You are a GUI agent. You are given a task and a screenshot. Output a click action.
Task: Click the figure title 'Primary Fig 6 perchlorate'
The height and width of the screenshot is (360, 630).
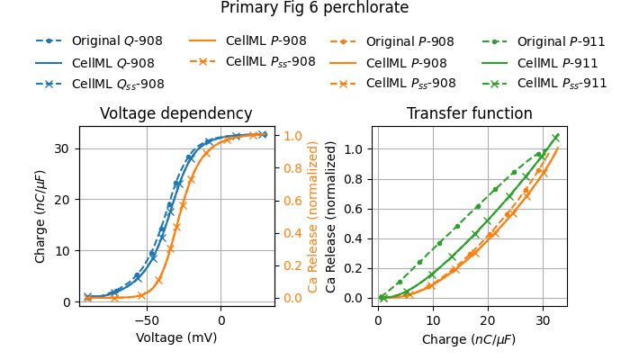coord(314,8)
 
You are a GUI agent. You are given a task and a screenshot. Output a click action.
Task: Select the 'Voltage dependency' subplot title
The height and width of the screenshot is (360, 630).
coord(175,114)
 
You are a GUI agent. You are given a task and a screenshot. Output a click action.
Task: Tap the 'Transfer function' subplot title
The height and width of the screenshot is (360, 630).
coord(469,114)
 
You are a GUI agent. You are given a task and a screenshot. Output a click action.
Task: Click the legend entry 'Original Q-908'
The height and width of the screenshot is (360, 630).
coord(112,41)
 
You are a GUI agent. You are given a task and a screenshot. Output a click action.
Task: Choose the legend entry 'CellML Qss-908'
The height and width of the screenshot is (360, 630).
coord(118,84)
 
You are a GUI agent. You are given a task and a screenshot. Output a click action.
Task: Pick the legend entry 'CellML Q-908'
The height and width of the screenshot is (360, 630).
coord(112,63)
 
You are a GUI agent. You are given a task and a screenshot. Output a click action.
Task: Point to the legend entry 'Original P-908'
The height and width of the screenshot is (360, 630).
coord(409,41)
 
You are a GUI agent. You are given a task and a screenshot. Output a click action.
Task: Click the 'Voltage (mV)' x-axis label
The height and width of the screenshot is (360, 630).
coord(175,337)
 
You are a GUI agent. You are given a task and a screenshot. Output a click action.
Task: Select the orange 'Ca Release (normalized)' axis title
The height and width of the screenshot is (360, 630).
coord(313,216)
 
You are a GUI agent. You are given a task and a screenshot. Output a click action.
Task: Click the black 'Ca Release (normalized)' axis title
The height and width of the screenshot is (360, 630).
coord(331,216)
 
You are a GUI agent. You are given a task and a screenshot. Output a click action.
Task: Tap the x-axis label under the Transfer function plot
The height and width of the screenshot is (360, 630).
coord(469,339)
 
